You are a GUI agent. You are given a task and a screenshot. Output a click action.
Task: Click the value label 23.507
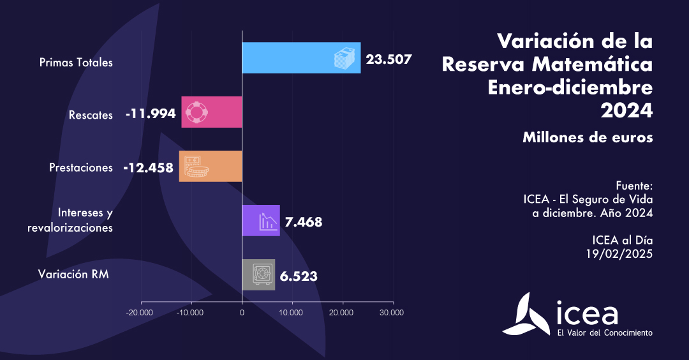389,59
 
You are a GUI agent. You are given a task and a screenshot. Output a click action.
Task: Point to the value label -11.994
150,114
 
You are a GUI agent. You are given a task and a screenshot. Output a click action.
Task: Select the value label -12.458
148,168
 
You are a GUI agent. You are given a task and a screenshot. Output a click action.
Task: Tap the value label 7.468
303,222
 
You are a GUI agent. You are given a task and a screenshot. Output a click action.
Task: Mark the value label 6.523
299,276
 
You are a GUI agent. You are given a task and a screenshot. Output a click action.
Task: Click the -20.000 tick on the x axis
140,312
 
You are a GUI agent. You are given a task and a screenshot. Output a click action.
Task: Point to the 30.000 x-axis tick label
391,312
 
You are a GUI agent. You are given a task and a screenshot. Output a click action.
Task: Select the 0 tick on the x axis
242,312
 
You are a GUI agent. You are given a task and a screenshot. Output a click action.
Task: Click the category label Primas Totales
76,63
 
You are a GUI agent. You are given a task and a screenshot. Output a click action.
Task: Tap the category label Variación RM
73,274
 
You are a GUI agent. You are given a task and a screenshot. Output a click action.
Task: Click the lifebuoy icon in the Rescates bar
196,112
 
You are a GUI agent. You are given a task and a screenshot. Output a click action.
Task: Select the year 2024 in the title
626,110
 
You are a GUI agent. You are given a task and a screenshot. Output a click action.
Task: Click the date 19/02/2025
619,253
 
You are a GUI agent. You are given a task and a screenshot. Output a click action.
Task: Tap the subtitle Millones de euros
588,137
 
